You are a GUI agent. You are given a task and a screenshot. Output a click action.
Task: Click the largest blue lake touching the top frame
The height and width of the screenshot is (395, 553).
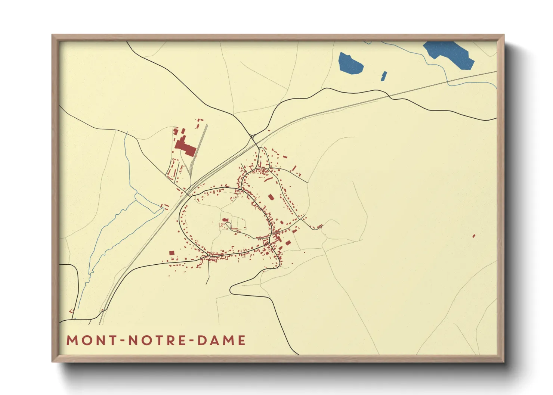tap(450, 54)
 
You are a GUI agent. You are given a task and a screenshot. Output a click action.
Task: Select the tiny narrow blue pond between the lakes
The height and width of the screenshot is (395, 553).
tap(384, 76)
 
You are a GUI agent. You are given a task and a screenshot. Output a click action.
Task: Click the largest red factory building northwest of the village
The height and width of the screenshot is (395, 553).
tap(185, 146)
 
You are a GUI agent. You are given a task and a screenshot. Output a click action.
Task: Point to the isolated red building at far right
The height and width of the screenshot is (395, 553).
tap(474, 236)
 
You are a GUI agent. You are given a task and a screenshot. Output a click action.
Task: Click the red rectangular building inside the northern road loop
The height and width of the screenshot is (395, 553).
tap(271, 197)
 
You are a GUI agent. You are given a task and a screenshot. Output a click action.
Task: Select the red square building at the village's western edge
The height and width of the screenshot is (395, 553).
tap(172, 253)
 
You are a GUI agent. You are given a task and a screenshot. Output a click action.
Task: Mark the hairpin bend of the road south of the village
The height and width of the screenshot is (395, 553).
tap(232, 288)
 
